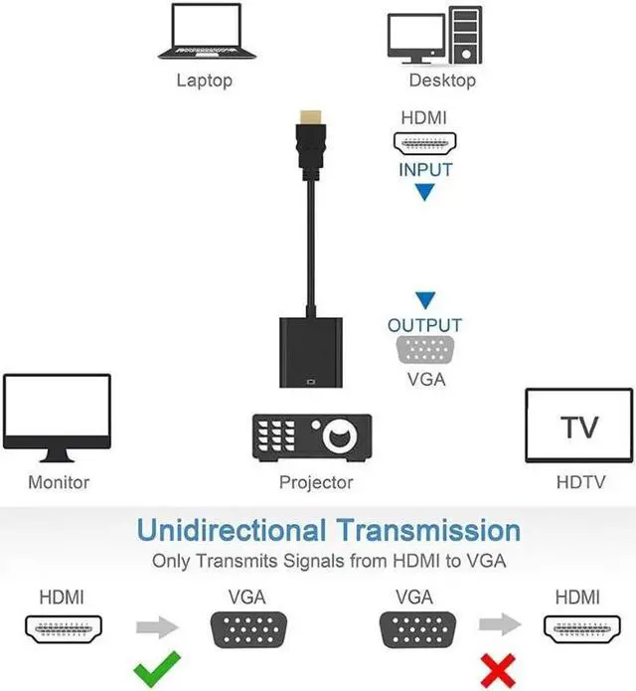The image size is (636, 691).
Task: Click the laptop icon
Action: point(207,32)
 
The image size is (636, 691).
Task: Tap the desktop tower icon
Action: point(465,35)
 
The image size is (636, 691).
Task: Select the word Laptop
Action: point(205,81)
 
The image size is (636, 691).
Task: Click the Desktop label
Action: point(442,81)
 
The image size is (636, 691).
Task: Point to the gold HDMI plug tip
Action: point(310,117)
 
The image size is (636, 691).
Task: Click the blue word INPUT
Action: point(425,170)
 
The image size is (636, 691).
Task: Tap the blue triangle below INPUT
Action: point(425,192)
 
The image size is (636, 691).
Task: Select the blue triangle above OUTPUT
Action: point(425,300)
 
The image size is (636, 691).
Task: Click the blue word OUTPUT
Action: point(424,326)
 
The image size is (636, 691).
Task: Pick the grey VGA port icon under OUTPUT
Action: point(425,350)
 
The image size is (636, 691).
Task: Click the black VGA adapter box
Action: point(311,353)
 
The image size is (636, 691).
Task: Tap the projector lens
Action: point(339,436)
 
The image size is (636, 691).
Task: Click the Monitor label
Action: point(59,482)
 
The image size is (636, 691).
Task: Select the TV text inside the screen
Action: point(579,427)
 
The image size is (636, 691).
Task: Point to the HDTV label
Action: point(580,482)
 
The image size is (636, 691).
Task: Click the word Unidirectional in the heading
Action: point(232,530)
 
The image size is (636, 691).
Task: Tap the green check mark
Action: point(157,668)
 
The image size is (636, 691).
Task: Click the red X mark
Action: point(498,671)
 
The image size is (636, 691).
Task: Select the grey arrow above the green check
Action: point(157,627)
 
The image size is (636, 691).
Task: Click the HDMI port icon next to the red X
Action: point(582,629)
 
